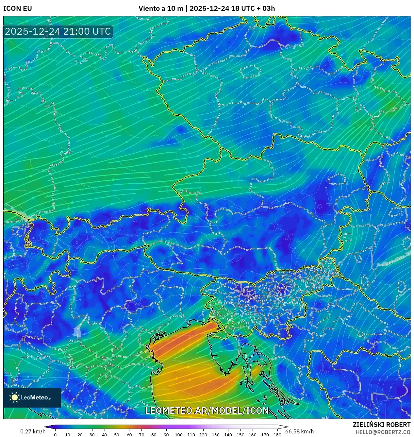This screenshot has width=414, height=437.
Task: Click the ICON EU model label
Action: point(18,8)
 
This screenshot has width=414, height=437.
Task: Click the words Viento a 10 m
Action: point(161,8)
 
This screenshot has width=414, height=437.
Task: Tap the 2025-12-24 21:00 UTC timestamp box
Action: point(58,31)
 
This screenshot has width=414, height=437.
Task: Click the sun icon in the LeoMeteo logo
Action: point(15,397)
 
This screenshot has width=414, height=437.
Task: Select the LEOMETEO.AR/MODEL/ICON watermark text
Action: point(207,411)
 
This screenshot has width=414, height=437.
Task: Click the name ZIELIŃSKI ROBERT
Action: point(381,425)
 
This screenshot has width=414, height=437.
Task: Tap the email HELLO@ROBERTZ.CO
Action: point(383,432)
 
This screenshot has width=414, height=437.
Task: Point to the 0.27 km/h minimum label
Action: point(33,431)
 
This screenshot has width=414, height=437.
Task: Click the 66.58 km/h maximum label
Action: point(299,431)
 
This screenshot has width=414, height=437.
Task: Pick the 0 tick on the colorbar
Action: point(55,435)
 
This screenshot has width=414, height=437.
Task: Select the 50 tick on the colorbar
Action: point(117,435)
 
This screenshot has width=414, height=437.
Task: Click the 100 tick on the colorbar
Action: point(178,435)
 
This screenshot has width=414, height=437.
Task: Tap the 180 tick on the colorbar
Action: point(277,435)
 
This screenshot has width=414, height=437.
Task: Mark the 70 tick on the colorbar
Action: point(141,435)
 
